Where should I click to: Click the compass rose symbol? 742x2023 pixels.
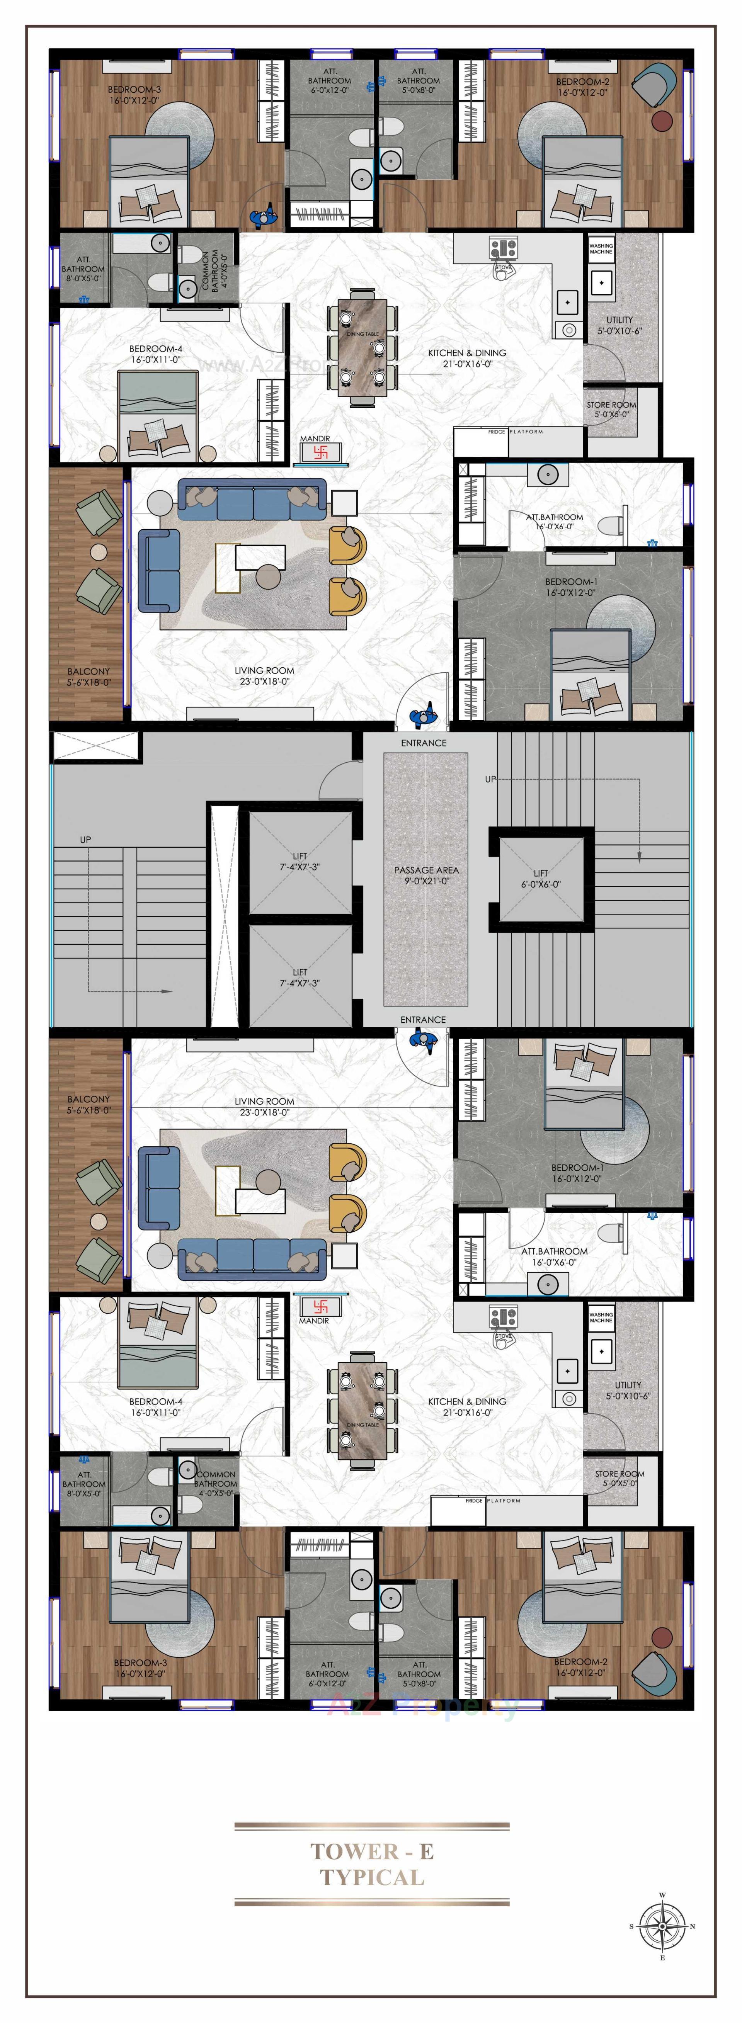click(x=662, y=1926)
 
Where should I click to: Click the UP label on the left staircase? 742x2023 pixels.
click(x=85, y=840)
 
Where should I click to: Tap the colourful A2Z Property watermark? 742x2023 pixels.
click(x=424, y=1707)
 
